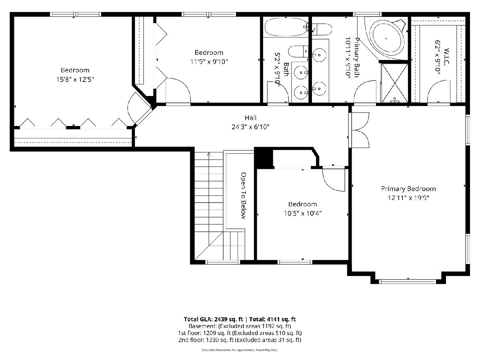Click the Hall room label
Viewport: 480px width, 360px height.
click(x=250, y=118)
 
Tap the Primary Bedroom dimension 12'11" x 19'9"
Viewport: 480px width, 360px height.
click(x=408, y=198)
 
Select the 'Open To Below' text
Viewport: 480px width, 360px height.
click(x=244, y=196)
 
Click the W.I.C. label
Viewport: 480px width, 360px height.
click(x=446, y=56)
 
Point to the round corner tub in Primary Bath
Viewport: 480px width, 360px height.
click(x=387, y=38)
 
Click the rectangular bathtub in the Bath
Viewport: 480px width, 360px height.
click(x=285, y=27)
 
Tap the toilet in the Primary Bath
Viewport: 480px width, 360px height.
click(x=322, y=29)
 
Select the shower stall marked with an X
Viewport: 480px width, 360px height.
click(x=394, y=83)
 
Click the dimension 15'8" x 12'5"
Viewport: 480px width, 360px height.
click(x=75, y=80)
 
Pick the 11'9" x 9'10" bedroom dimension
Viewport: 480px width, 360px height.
click(x=209, y=62)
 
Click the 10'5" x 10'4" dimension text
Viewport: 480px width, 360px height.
click(x=302, y=213)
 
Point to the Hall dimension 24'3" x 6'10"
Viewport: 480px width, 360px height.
click(x=250, y=127)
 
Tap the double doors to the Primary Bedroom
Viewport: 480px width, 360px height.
click(x=359, y=130)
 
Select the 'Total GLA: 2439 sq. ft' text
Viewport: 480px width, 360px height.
click(x=213, y=319)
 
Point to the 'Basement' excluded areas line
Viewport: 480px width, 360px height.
click(x=240, y=326)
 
